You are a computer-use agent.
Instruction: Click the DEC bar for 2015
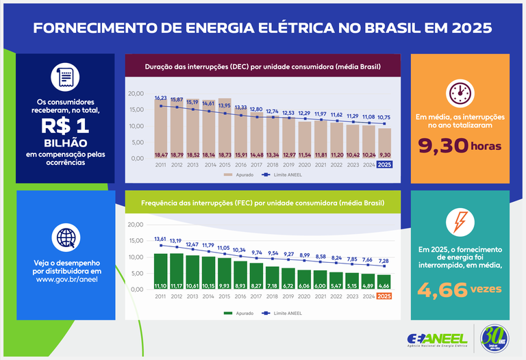[x=224, y=129]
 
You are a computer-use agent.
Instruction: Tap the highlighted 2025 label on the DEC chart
[x=384, y=165]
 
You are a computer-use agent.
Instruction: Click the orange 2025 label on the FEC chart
[x=384, y=296]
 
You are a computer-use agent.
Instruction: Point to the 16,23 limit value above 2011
[x=161, y=98]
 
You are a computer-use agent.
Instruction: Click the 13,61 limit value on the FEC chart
[x=161, y=239]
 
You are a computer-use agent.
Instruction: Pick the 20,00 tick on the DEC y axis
[x=136, y=93]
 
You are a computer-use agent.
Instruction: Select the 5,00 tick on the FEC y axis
[x=136, y=273]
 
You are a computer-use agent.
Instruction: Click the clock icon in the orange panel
[x=459, y=92]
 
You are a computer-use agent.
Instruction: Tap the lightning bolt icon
[x=459, y=222]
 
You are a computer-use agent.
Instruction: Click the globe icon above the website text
[x=66, y=237]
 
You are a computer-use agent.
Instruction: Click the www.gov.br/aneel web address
[x=66, y=280]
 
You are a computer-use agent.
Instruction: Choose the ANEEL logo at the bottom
[x=436, y=339]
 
